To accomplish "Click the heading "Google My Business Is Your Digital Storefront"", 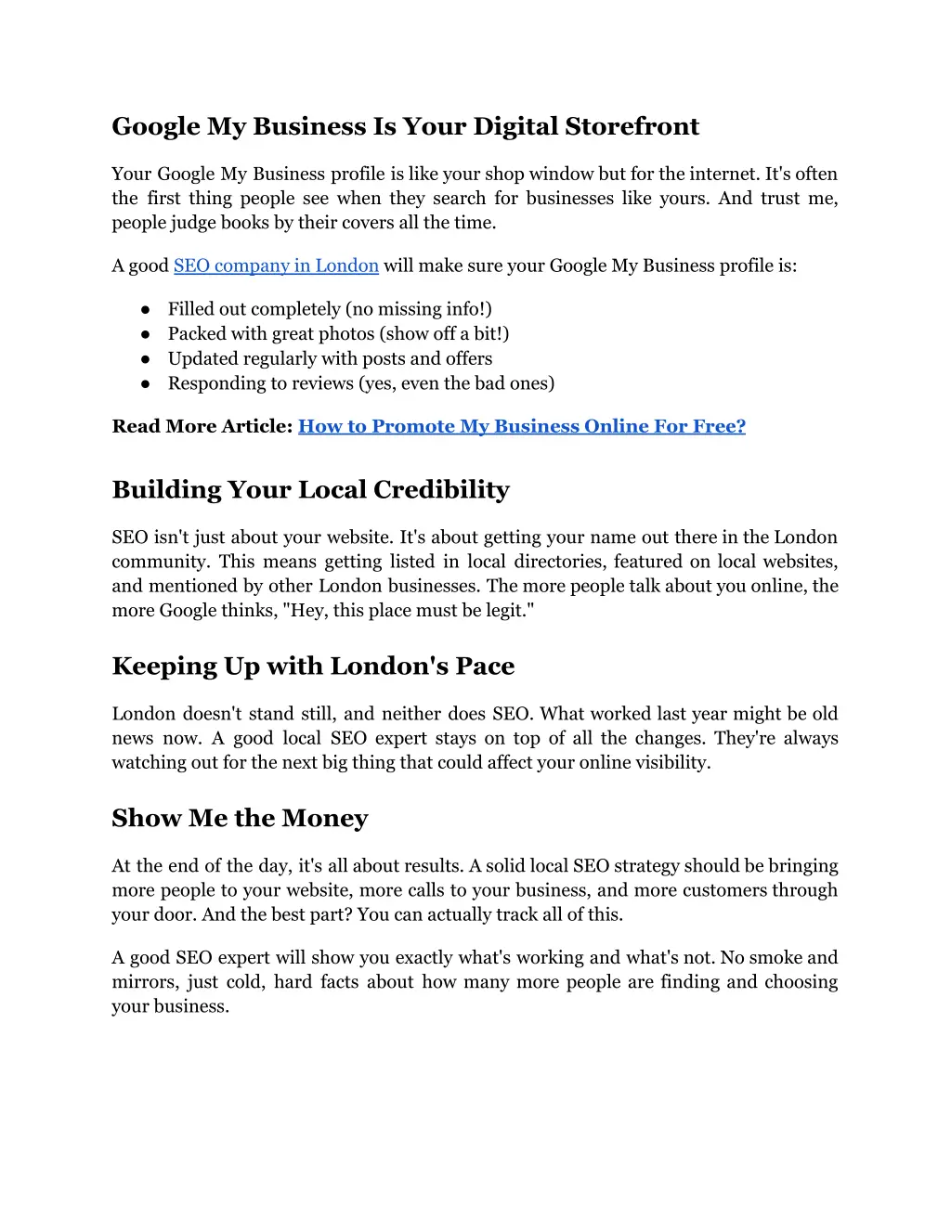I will [405, 126].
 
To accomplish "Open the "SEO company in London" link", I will [276, 265].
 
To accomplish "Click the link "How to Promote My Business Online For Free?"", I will [521, 426].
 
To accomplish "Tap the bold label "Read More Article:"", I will [202, 426].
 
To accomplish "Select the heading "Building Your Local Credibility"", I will [310, 489].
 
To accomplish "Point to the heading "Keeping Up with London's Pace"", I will [313, 666].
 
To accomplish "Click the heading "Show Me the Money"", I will [240, 818].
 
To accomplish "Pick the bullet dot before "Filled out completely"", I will [146, 309].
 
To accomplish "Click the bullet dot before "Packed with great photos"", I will [146, 334].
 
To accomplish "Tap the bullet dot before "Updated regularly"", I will [146, 359].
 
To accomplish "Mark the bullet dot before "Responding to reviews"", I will [146, 383].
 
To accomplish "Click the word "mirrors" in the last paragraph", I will [142, 981].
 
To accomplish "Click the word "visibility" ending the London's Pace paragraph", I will [671, 762].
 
